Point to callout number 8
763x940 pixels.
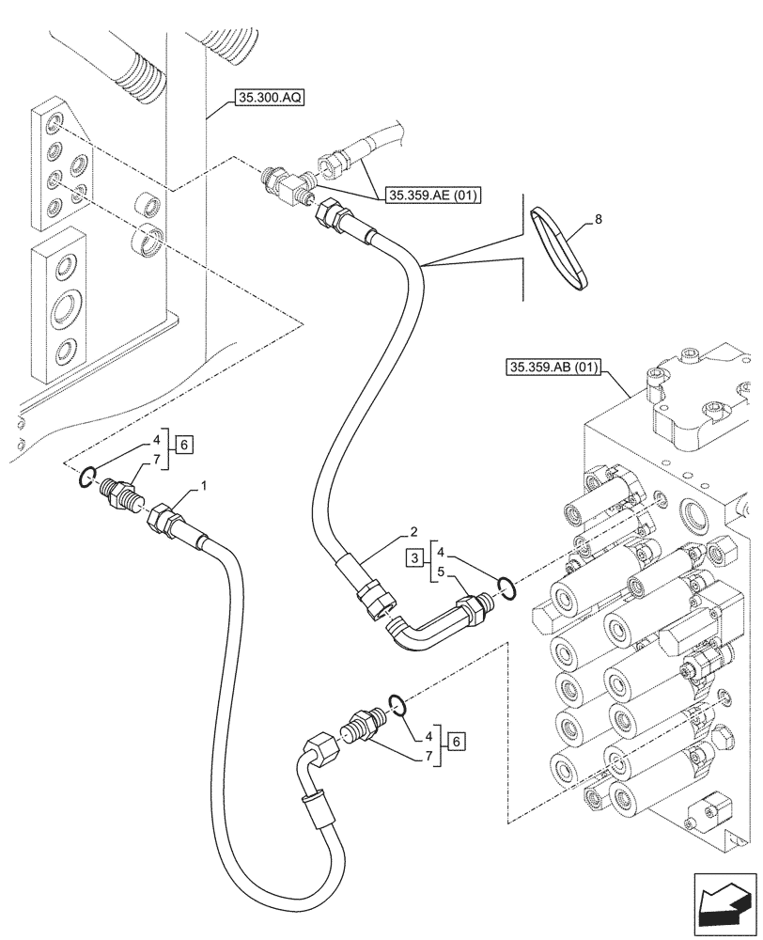(599, 221)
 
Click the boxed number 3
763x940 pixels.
(413, 559)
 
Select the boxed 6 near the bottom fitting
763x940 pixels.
(455, 740)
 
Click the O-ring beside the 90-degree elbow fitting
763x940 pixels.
(506, 587)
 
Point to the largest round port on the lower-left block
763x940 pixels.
(66, 306)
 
